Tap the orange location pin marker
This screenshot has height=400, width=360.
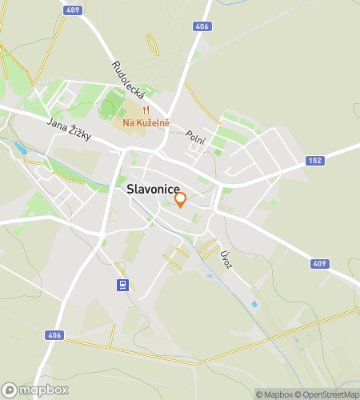(181, 199)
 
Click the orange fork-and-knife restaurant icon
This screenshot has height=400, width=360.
(146, 110)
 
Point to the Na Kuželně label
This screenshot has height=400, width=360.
(146, 122)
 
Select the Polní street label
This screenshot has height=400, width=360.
(196, 138)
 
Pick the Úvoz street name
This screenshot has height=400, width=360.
(226, 258)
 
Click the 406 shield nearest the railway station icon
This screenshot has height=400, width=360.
(54, 335)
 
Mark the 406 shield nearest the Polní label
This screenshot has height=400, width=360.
(202, 26)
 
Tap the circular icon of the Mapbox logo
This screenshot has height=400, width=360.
(10, 390)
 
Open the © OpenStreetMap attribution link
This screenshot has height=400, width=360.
(328, 394)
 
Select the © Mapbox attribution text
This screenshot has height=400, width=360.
(275, 394)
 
